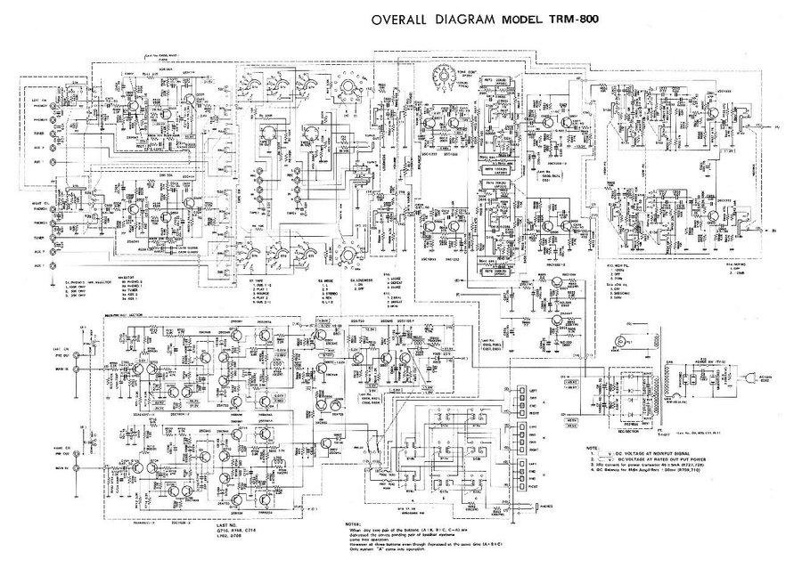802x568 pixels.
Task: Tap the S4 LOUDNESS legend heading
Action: click(355, 277)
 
